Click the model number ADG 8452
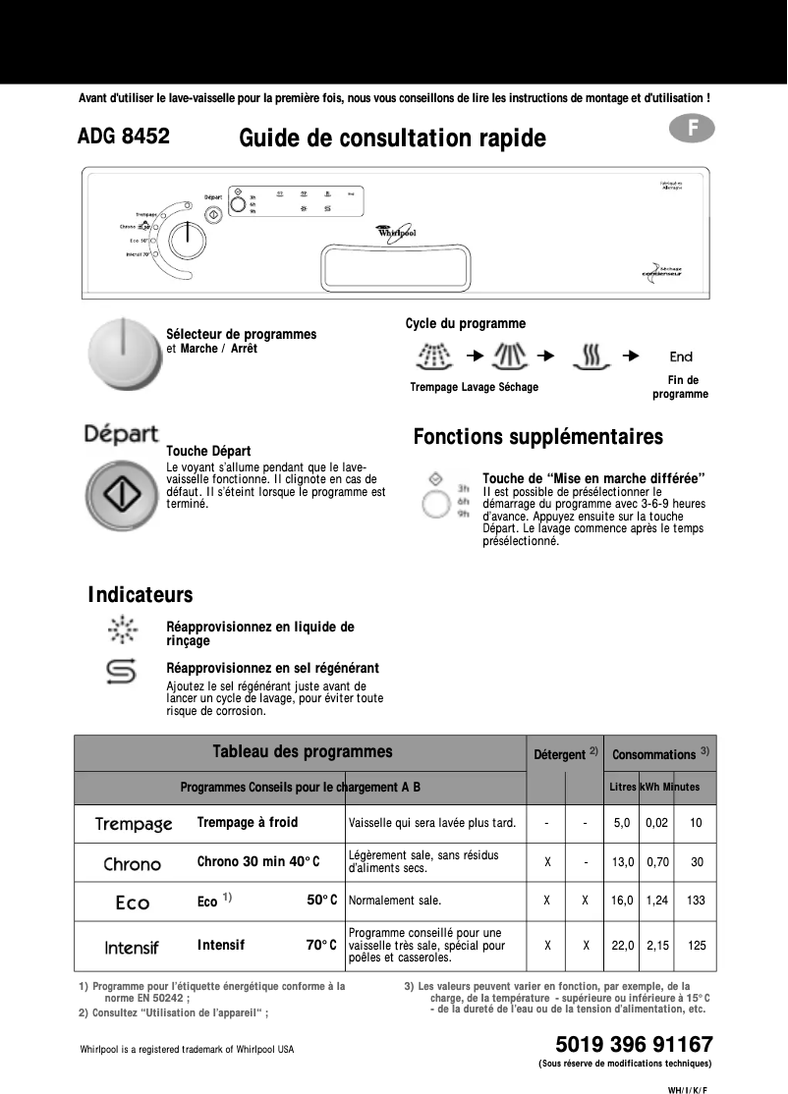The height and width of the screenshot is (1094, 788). (124, 137)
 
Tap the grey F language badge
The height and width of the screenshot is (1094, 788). (694, 129)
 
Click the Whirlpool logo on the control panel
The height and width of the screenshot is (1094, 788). (397, 232)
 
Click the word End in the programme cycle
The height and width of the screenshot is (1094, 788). (681, 357)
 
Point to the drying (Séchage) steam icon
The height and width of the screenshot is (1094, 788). (591, 356)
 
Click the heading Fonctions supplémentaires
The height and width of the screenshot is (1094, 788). (537, 436)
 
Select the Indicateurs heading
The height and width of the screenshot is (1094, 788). (140, 594)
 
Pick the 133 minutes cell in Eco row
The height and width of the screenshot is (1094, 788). (697, 900)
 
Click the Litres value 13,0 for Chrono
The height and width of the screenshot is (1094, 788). (622, 861)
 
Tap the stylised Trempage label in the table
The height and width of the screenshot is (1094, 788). (134, 824)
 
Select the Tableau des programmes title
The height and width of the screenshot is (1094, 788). (302, 752)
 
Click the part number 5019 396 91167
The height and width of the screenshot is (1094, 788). (634, 1043)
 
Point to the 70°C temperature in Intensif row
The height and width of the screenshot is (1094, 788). (321, 945)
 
